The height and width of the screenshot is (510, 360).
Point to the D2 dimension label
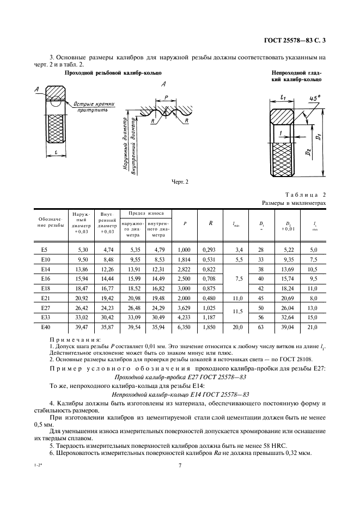[309, 149]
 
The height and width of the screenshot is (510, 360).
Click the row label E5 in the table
[45, 250]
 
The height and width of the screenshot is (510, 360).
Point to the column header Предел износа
[145, 213]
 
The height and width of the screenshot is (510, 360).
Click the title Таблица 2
[305, 195]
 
